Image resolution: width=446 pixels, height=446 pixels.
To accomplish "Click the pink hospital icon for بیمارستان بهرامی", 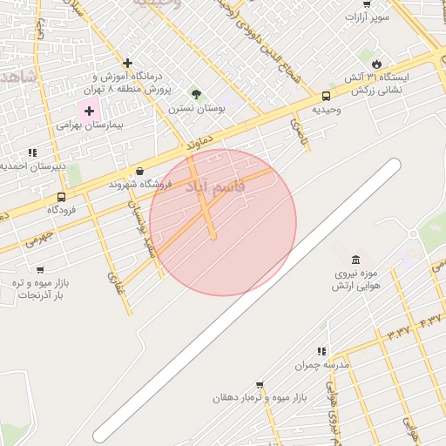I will coord(89,111).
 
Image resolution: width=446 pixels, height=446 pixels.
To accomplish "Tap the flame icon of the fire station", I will coord(376,64).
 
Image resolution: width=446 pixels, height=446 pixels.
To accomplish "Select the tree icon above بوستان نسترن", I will coord(196,94).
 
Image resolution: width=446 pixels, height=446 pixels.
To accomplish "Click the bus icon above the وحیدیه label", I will coord(326,97).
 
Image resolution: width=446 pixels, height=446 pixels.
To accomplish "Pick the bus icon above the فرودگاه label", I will coord(61,197).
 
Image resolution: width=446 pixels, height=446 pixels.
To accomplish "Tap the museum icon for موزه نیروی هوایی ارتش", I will coord(355,260).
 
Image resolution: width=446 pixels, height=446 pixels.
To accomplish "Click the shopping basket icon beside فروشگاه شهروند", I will coord(140,172).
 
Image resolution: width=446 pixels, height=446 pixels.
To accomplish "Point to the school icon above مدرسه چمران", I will coord(322,351).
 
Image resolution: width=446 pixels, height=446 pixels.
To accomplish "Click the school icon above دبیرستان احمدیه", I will coord(32,152).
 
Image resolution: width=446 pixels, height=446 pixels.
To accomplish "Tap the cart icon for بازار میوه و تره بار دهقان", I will coord(260,384).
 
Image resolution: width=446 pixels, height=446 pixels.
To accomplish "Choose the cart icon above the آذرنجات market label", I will coord(40,270).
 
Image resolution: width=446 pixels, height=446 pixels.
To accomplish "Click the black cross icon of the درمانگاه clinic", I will coord(128,63).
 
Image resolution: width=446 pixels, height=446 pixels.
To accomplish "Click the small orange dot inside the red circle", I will coord(213,237).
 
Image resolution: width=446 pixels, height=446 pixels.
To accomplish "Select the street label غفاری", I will coord(115,287).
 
